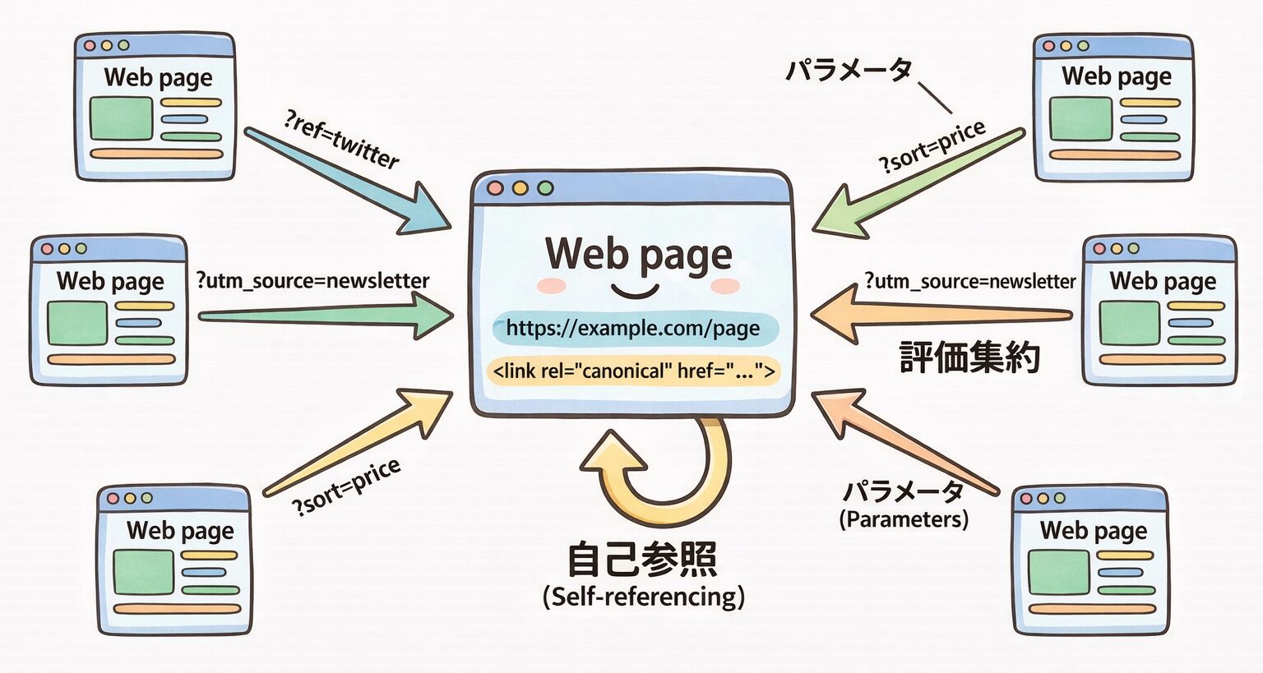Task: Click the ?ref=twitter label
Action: pos(341,140)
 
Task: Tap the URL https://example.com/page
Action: pos(632,329)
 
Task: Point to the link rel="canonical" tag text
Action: pos(632,371)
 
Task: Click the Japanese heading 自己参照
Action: pos(642,560)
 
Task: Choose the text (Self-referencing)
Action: pos(643,596)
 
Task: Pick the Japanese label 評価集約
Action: pos(970,357)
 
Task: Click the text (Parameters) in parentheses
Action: pos(904,519)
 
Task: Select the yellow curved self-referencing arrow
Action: pos(666,477)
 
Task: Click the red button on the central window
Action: pos(495,188)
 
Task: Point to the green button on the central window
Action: pos(545,188)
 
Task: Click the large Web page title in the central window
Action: pos(638,253)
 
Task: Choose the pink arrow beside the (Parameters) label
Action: pos(904,444)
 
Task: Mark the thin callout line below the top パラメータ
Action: pos(935,98)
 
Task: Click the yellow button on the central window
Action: pos(520,188)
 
